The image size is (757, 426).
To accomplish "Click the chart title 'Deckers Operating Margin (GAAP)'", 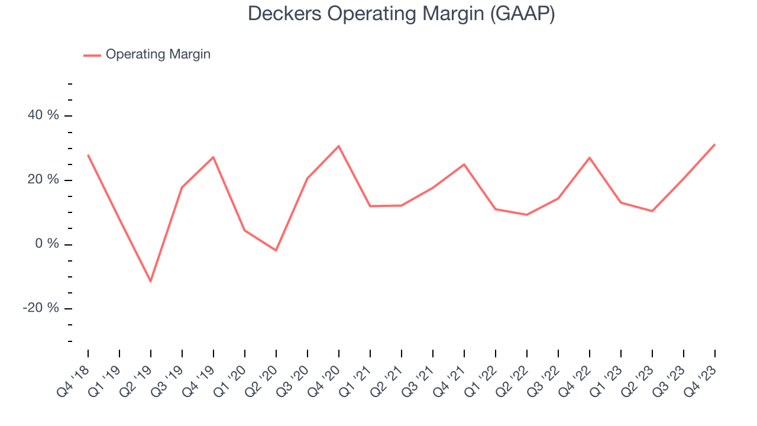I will (401, 14).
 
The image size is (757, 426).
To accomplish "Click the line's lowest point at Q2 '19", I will (151, 281).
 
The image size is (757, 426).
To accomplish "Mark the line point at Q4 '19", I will (213, 157).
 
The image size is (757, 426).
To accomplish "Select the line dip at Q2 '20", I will (276, 250).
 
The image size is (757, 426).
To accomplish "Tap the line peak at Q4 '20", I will (339, 146).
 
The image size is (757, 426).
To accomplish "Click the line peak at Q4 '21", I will (464, 164).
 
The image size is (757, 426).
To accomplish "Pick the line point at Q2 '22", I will (527, 215).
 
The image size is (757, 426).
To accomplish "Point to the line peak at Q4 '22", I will (590, 158).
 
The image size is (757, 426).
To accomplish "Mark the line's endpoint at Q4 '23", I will (714, 144).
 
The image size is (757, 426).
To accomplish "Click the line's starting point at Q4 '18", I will (88, 155).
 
